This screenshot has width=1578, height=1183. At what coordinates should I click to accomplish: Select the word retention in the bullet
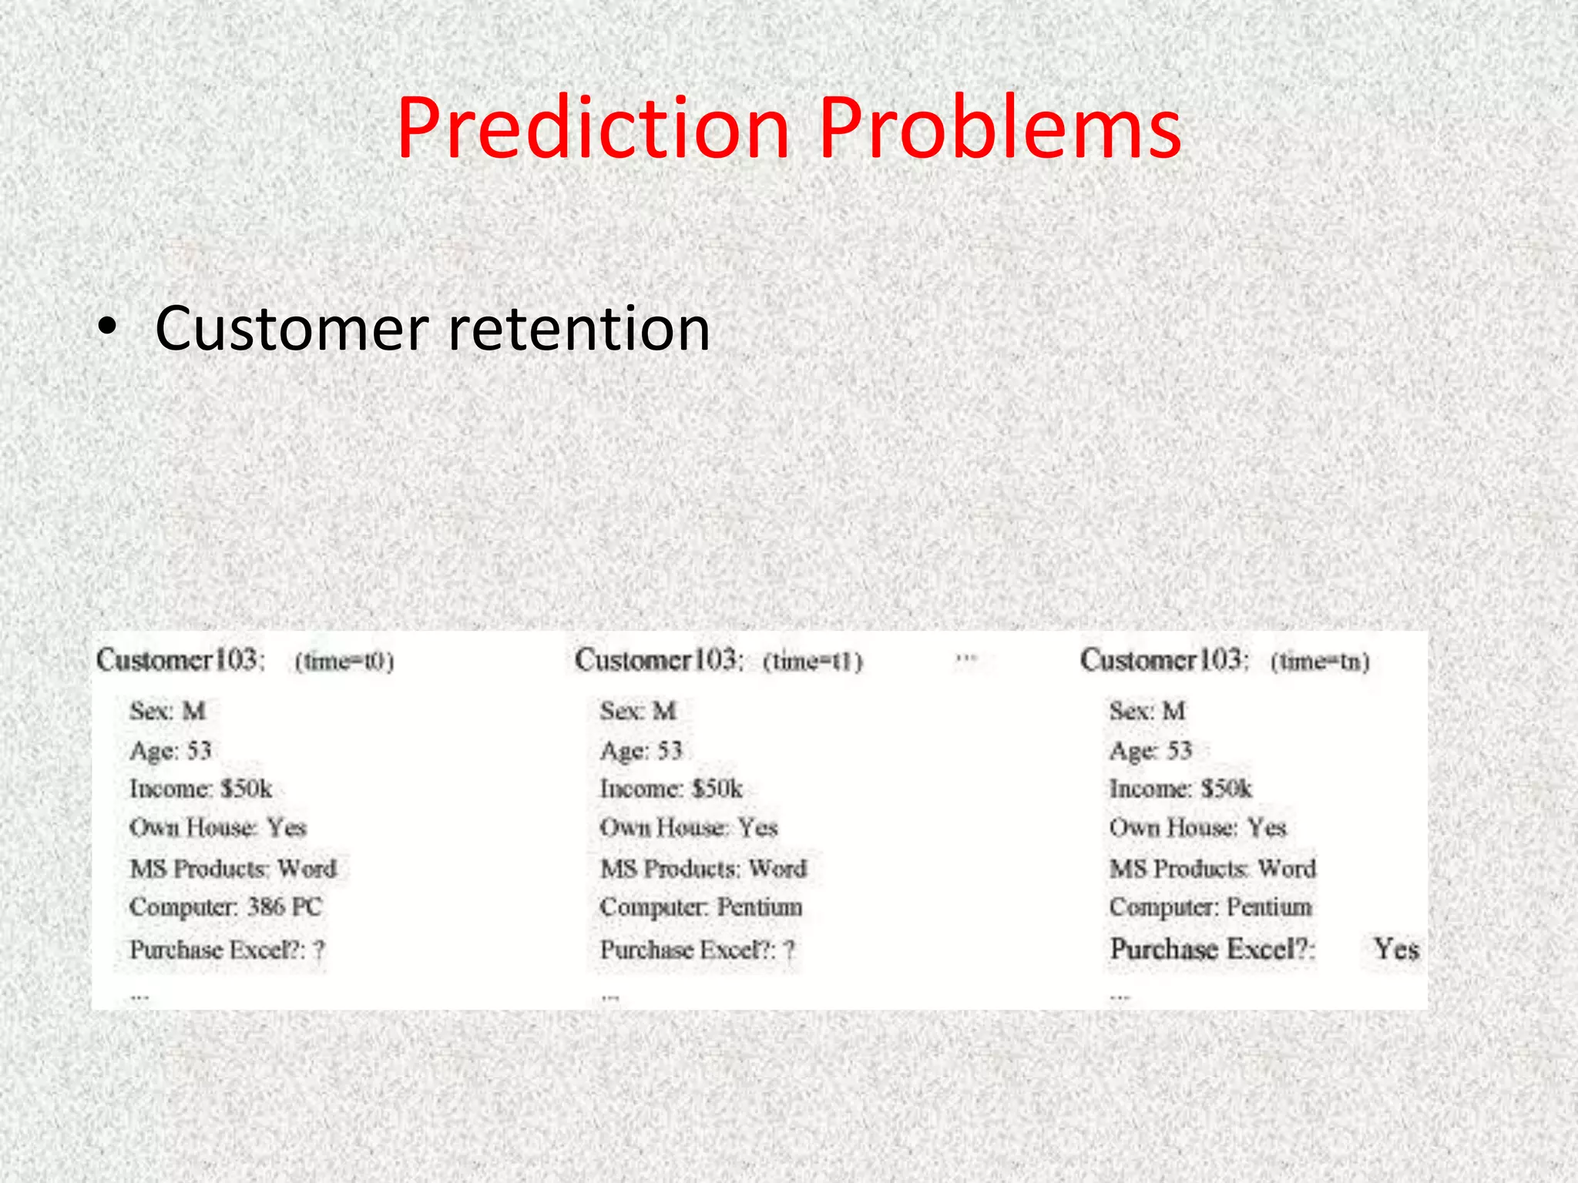(579, 329)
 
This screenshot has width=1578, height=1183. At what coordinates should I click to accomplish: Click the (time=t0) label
(344, 662)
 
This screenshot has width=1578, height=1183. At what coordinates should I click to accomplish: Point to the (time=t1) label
(812, 662)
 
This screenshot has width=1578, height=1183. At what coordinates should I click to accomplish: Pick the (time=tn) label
(1320, 662)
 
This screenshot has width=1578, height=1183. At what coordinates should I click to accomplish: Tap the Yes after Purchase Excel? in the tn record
(1395, 949)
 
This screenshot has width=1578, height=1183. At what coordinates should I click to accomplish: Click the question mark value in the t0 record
(319, 950)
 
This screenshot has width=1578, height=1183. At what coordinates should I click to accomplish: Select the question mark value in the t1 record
(789, 950)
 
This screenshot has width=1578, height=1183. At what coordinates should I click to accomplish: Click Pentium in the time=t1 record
(760, 907)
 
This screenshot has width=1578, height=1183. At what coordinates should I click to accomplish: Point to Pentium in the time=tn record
(1269, 907)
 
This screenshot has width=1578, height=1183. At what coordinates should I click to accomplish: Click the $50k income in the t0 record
(246, 789)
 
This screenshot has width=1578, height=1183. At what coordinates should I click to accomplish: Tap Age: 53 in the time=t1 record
(641, 750)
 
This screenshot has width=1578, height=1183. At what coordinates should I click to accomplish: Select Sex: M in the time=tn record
(1147, 710)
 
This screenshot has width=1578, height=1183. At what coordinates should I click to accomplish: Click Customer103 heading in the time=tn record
(1163, 660)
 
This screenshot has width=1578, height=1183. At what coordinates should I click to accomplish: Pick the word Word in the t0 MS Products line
(307, 869)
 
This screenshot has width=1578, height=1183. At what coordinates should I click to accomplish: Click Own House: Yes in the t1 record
(689, 828)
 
